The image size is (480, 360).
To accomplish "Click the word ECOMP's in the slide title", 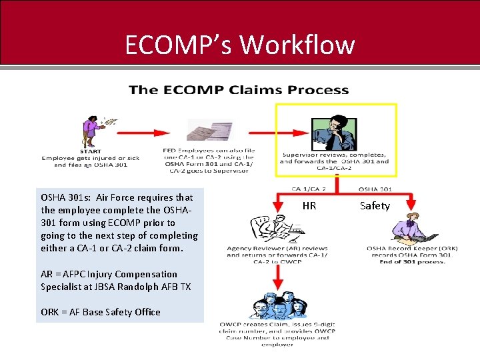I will pos(178,45).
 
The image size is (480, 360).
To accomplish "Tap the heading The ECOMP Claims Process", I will pos(239,90).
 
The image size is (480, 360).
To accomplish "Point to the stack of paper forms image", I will pos(211,131).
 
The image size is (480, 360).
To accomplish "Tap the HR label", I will pos(309,206).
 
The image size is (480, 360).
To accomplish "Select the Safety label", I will pos(375,206).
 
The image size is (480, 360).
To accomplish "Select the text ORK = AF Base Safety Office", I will pos(101,312).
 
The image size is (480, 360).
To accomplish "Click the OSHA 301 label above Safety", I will pos(375,189).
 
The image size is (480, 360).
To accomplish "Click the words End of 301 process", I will pos(411,261).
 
